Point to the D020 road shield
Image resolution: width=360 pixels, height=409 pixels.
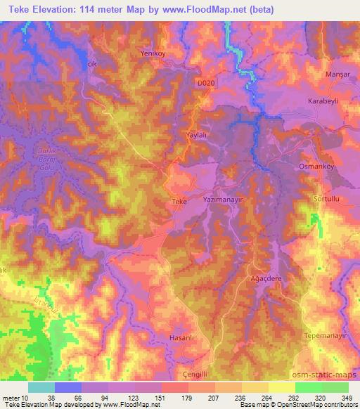(205, 83)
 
